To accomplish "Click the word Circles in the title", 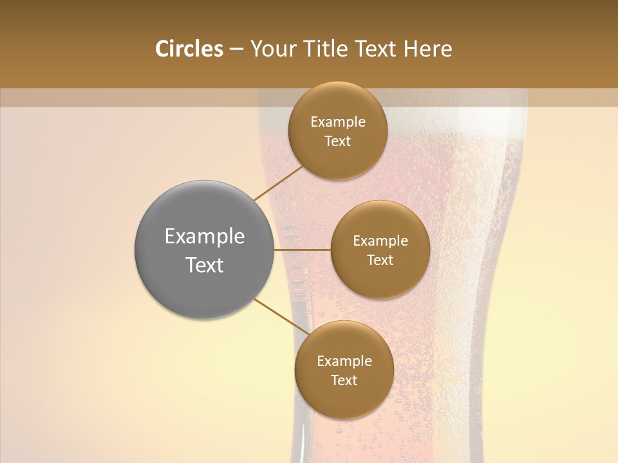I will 189,49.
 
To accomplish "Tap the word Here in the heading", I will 427,49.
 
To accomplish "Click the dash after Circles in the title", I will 236,50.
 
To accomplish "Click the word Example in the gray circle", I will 205,237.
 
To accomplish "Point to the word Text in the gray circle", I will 205,265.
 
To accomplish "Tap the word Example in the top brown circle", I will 337,122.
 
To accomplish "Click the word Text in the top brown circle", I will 337,141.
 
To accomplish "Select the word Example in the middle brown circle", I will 380,241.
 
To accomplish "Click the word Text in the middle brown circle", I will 380,260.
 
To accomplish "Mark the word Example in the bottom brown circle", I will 344,361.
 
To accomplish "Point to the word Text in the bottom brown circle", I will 344,380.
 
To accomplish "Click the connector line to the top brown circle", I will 278,183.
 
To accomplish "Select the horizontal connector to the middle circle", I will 303,250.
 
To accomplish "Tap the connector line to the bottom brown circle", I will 279,316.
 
